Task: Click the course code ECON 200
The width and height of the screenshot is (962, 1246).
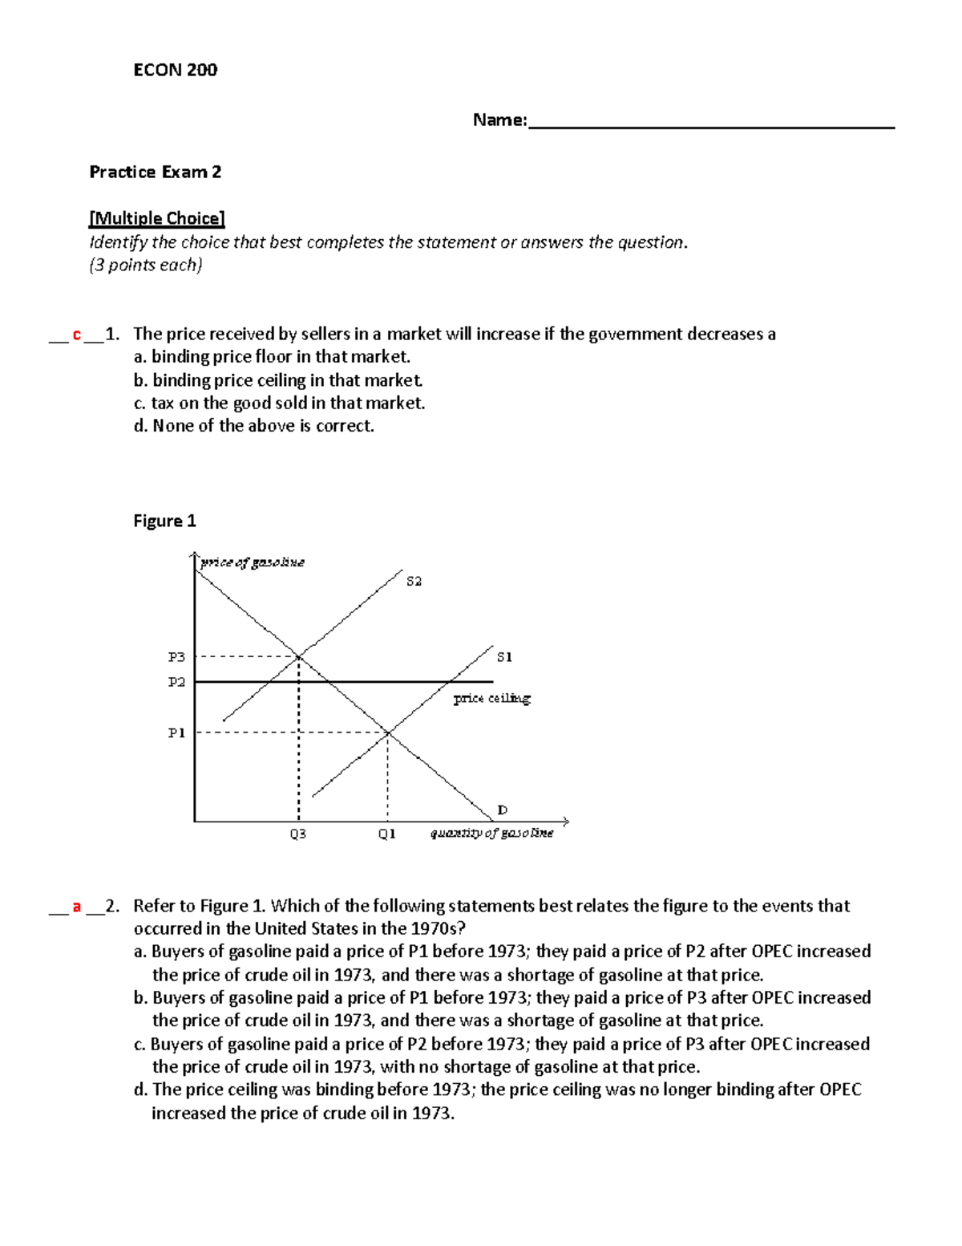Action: (x=175, y=70)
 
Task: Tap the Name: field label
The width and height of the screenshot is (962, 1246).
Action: (x=499, y=120)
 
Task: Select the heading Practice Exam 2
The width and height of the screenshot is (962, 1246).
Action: (x=155, y=172)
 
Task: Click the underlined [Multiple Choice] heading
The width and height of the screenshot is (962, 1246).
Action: (x=157, y=218)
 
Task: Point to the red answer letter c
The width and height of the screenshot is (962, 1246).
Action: (x=77, y=335)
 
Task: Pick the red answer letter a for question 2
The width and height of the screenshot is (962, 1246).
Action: (x=77, y=907)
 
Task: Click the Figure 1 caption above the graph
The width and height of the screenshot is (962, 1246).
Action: (x=164, y=521)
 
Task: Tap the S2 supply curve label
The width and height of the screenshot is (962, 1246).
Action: (x=414, y=581)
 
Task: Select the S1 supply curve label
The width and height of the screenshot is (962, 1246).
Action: (x=504, y=657)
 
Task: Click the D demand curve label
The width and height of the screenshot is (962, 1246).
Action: (x=503, y=810)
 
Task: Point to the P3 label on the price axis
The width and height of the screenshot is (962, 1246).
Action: (x=176, y=657)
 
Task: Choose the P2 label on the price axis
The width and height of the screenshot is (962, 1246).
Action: (x=176, y=682)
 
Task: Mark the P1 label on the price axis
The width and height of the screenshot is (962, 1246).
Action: (x=176, y=733)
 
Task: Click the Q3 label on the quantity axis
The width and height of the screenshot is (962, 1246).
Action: (x=297, y=834)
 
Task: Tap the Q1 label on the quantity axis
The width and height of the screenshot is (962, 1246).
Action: (x=387, y=834)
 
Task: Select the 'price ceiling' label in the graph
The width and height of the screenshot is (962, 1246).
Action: (x=491, y=698)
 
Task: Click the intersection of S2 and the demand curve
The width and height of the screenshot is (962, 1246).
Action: (x=299, y=656)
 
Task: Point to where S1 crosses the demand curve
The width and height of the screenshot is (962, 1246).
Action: (x=388, y=732)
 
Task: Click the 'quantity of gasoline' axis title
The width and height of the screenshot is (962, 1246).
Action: (x=491, y=834)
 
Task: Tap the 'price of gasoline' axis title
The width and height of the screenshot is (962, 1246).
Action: (x=252, y=562)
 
